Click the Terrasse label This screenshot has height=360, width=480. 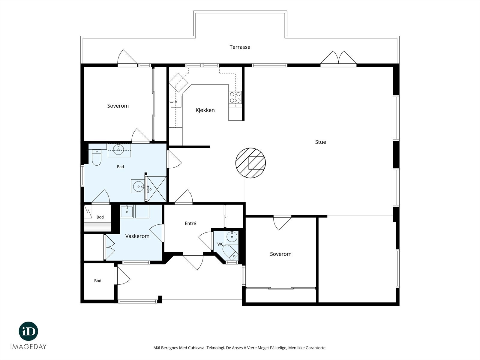[240, 47]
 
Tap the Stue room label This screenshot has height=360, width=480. [321, 142]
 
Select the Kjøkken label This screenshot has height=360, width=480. [205, 110]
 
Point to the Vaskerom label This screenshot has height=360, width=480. [137, 236]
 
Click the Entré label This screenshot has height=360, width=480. [190, 223]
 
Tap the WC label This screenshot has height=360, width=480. [220, 244]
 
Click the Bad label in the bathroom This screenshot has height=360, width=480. [120, 167]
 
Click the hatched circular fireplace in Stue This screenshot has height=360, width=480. [250, 163]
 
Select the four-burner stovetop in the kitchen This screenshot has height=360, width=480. [235, 97]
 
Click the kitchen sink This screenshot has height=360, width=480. [176, 102]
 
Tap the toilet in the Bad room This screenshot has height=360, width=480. [96, 157]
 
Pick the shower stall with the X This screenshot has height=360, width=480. [156, 189]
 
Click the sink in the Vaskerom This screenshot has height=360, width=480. [127, 211]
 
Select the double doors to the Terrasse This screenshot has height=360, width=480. [338, 58]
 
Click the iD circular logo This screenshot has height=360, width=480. [28, 331]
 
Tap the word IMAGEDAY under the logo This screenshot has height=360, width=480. [28, 347]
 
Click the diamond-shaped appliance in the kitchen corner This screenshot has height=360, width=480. [178, 82]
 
